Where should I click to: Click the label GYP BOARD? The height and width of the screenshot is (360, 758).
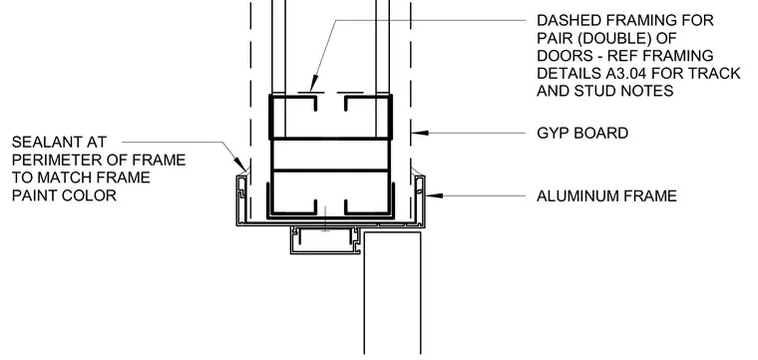(x=582, y=133)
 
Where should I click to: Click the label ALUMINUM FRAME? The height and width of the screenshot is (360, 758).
(x=606, y=196)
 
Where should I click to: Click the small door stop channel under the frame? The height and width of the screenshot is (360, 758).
(x=325, y=240)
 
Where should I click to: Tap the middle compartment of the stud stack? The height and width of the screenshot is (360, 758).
(x=331, y=156)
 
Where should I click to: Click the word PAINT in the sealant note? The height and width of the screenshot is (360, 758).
(x=34, y=195)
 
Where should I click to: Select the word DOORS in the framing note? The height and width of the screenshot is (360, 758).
(x=562, y=56)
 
